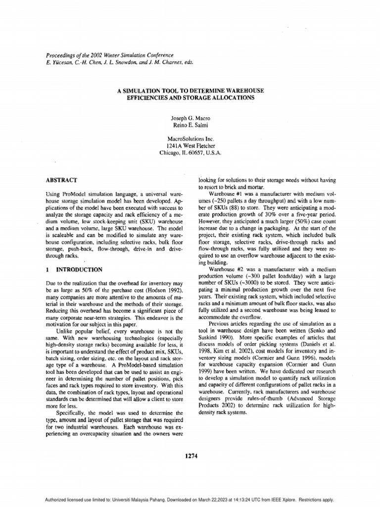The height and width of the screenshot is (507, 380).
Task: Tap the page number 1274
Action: (x=190, y=456)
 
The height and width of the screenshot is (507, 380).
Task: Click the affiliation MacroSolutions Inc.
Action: (x=190, y=140)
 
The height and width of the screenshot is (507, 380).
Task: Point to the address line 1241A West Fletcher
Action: (x=190, y=147)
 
